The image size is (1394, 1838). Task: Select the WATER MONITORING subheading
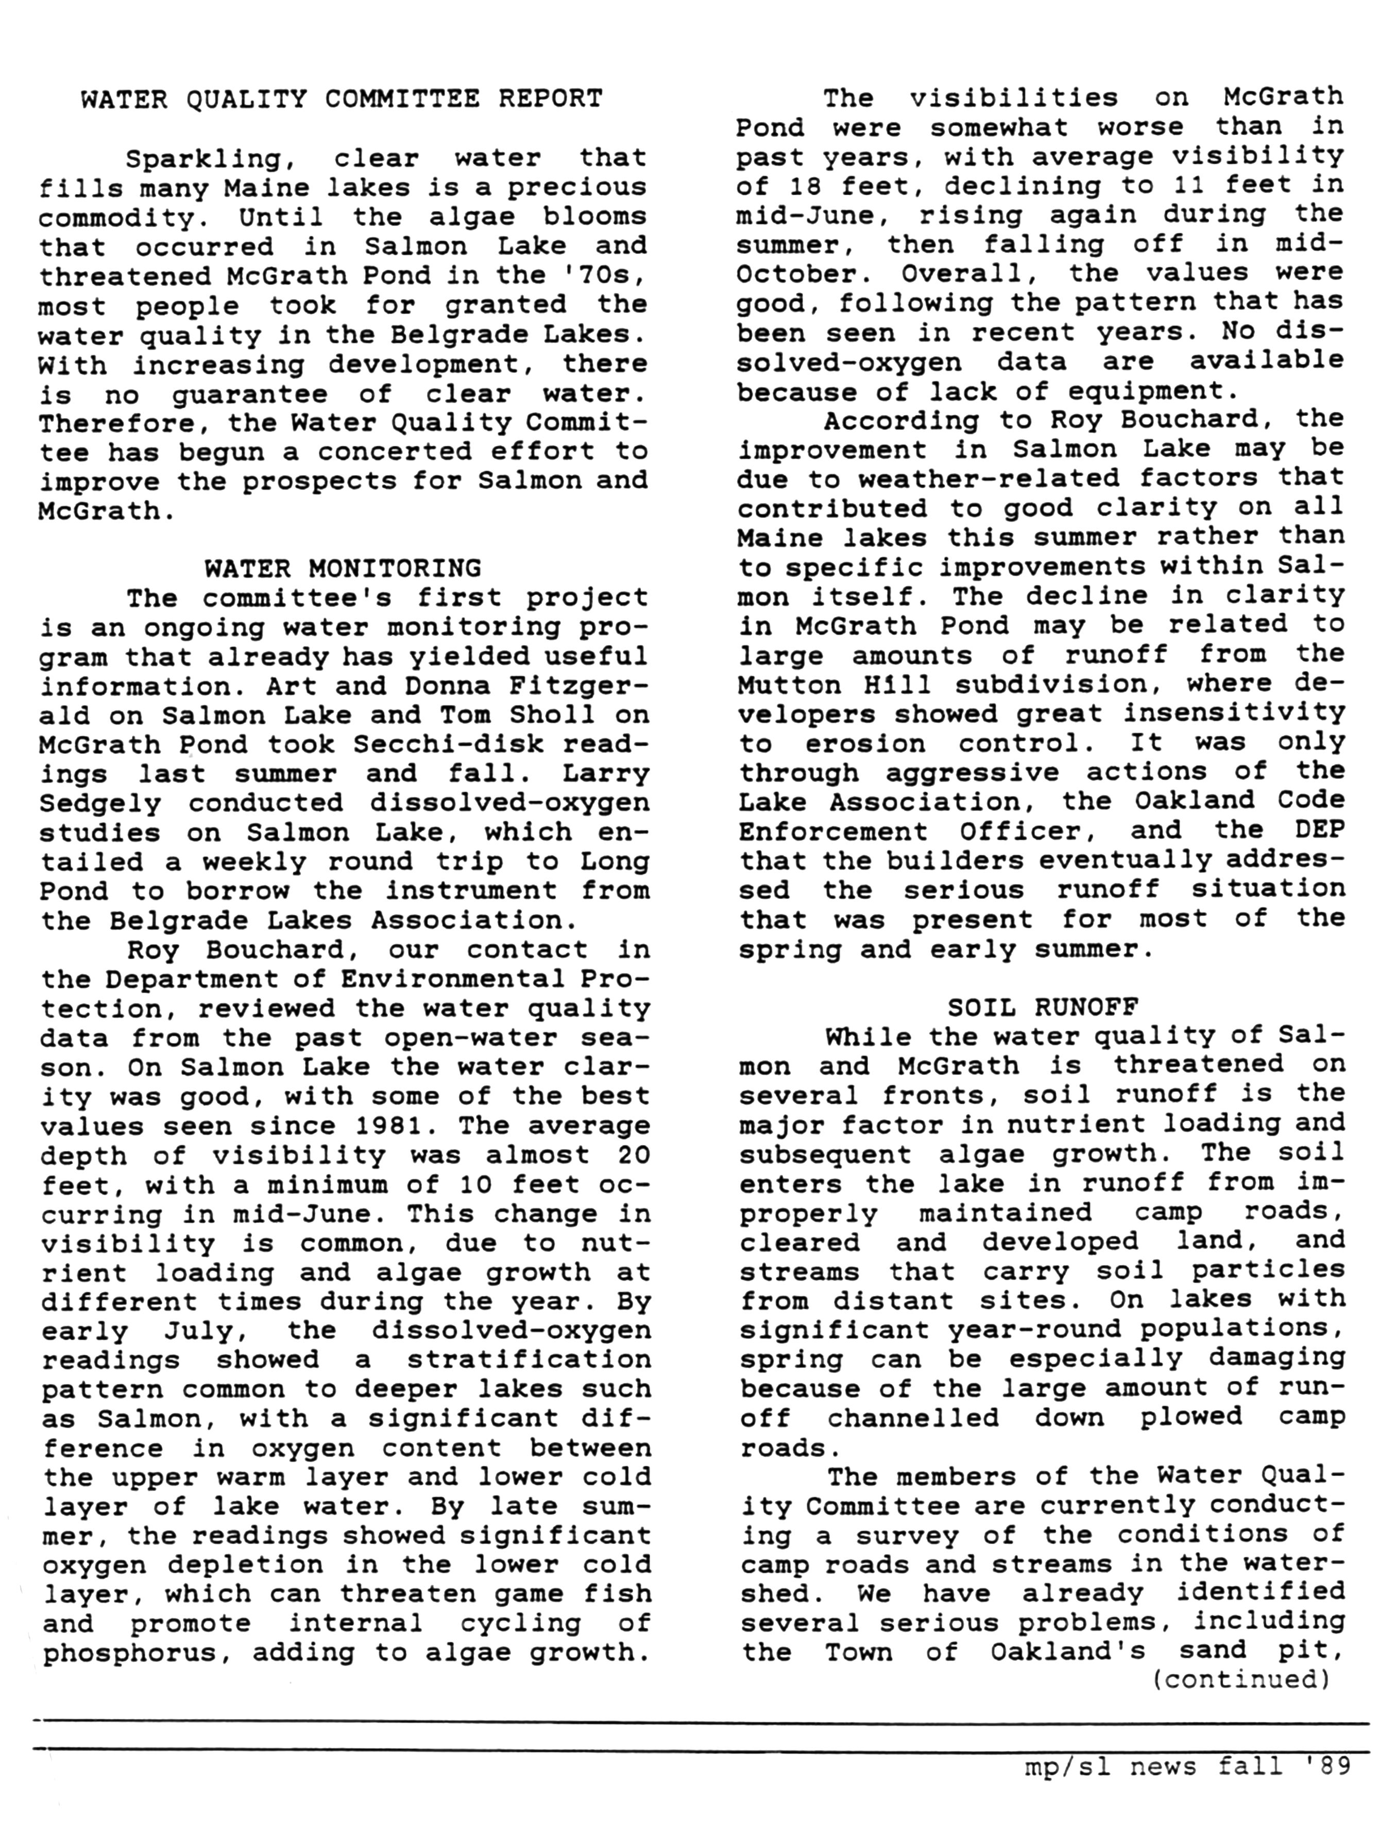pos(343,568)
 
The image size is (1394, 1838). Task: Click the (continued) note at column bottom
pos(1243,1679)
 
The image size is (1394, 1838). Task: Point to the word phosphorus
pos(137,1653)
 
